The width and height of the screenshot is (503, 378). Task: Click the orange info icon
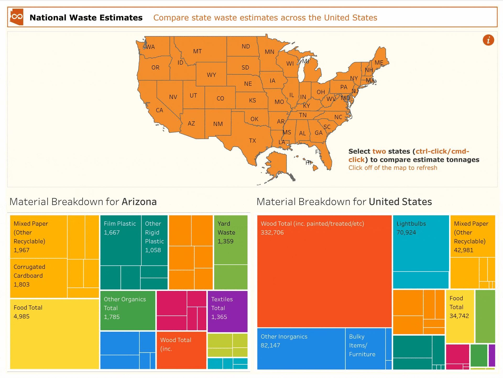click(488, 40)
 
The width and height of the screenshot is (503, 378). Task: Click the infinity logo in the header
click(17, 17)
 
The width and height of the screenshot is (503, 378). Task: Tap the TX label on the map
click(252, 141)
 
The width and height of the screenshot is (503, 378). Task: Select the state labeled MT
click(197, 51)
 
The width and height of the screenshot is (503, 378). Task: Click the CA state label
click(159, 110)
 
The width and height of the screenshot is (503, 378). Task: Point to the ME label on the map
click(379, 63)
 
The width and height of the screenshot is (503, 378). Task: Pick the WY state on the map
click(211, 75)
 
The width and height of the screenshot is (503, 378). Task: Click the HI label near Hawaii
click(309, 163)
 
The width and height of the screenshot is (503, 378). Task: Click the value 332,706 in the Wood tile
click(272, 233)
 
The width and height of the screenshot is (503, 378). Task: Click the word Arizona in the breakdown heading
click(139, 202)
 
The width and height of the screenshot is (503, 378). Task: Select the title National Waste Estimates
click(86, 18)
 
